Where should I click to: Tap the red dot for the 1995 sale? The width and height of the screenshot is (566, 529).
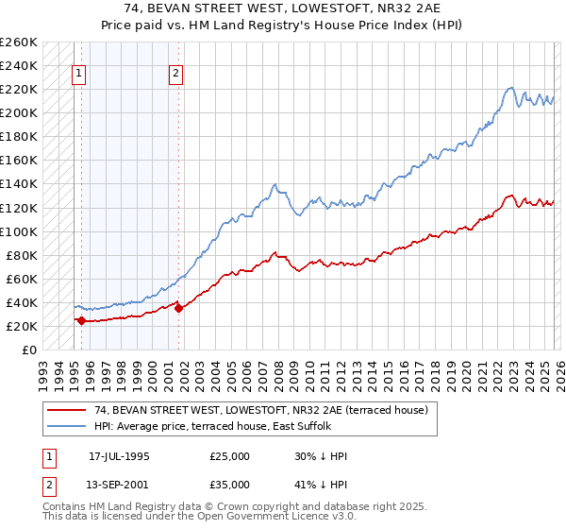[x=81, y=320]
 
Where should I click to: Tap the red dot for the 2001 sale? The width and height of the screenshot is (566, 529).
[x=178, y=308]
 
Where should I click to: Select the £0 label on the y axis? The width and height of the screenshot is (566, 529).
[x=29, y=350]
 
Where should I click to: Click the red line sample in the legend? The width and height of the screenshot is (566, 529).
[x=68, y=410]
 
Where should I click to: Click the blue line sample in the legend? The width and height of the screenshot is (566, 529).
[x=68, y=425]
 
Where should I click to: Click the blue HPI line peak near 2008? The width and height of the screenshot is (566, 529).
[x=274, y=184]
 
